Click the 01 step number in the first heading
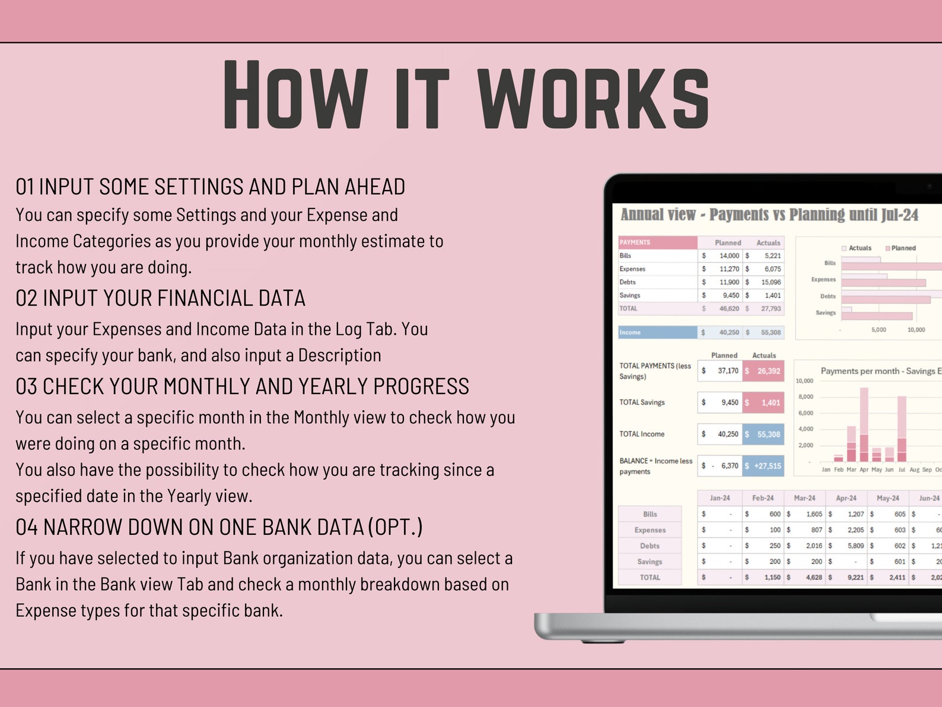point(24,187)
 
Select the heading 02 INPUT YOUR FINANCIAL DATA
point(160,298)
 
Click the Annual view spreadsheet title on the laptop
point(769,215)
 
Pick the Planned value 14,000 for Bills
point(729,256)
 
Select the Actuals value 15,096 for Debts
point(771,282)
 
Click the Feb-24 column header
point(762,498)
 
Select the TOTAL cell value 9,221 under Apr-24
point(855,577)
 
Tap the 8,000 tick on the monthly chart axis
point(806,397)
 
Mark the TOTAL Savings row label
point(642,402)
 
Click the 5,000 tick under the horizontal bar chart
point(879,329)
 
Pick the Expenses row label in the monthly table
point(650,530)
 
